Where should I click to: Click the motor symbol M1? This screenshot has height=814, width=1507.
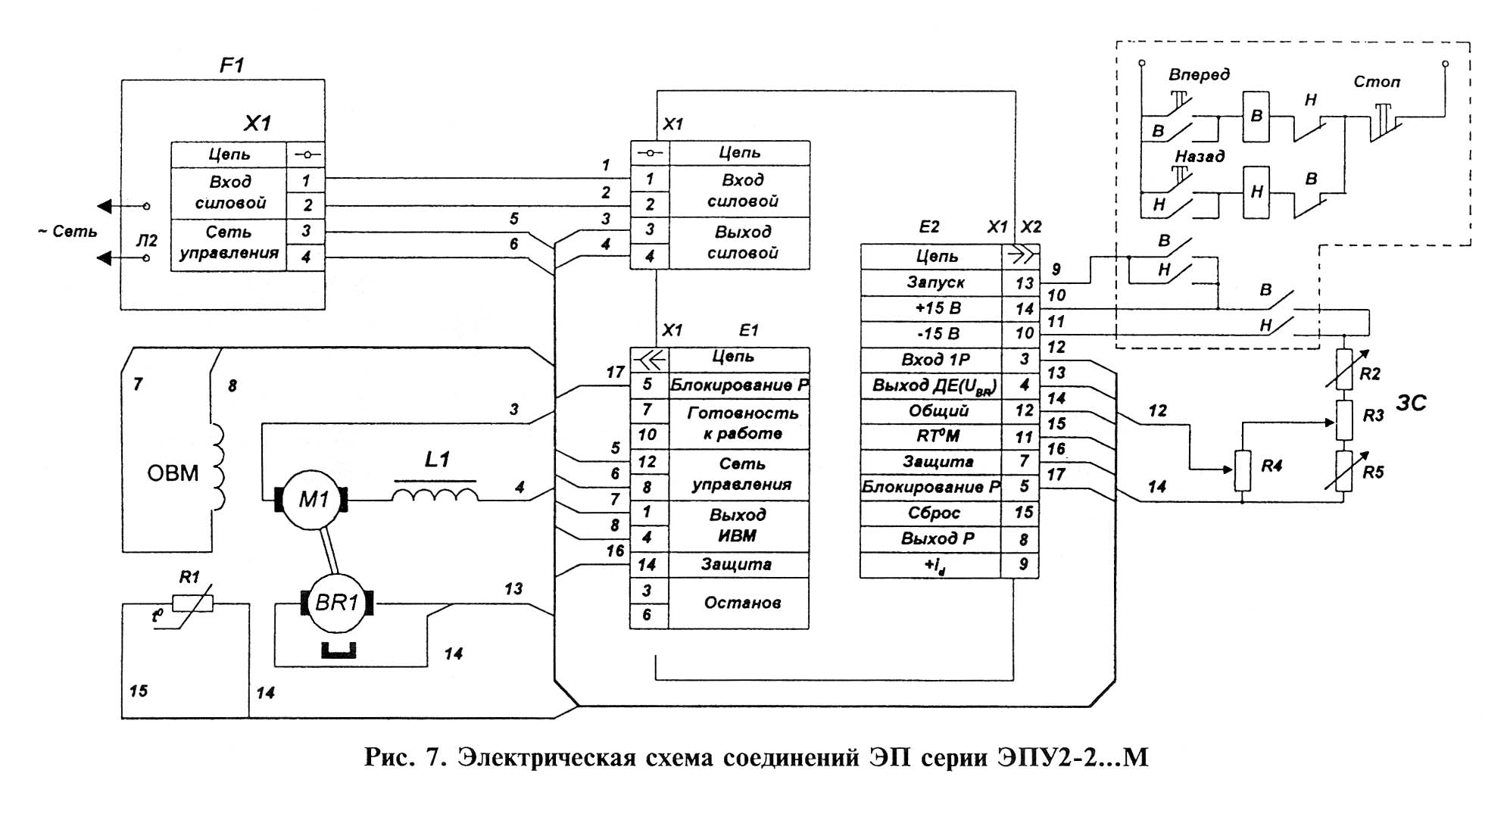coord(313,500)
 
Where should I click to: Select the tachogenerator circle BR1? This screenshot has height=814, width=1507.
coord(337,603)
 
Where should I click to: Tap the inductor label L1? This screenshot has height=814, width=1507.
coord(437,460)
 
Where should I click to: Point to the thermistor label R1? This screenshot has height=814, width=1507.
coord(189,577)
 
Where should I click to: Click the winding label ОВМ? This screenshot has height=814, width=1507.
coord(173,473)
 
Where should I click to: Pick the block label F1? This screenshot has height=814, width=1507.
coord(232,66)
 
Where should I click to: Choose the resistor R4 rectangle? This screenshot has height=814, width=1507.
coord(1242,471)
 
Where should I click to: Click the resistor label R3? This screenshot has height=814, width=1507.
coord(1373,416)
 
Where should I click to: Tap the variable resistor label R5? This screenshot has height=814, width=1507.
coord(1373,472)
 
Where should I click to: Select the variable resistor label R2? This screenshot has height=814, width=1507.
coord(1370,373)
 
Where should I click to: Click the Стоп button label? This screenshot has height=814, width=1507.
coord(1377,82)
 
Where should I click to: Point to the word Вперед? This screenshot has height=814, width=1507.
coord(1199,74)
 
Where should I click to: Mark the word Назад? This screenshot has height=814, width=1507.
coord(1200,156)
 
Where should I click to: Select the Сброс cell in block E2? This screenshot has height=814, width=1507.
coord(934,513)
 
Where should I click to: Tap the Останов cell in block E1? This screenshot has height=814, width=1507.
coord(741,603)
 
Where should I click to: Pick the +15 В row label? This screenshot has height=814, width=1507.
coord(938,308)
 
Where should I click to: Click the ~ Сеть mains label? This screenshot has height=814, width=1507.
coord(67,232)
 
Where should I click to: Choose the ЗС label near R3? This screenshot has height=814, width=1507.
coord(1411,403)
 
